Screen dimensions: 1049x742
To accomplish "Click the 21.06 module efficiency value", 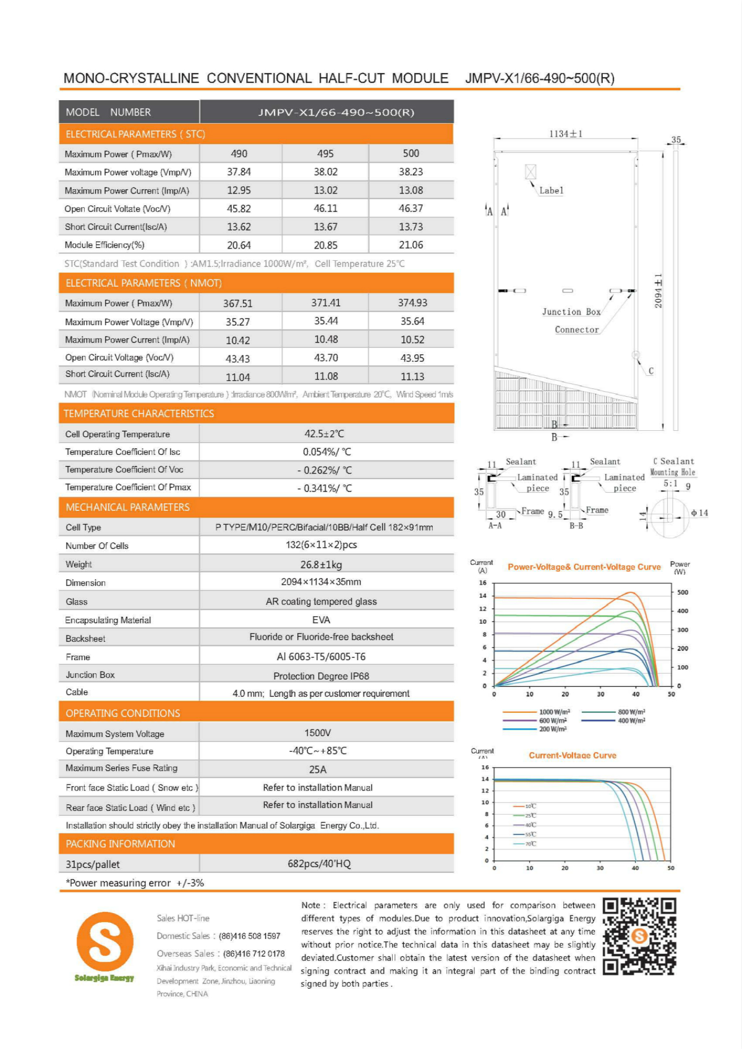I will (411, 245).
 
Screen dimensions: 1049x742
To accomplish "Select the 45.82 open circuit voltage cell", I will (239, 209).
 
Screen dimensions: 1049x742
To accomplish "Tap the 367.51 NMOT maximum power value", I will (238, 304).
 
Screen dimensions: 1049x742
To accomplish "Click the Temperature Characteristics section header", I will (139, 414).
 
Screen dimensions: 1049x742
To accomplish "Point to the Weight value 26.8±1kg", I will (321, 564).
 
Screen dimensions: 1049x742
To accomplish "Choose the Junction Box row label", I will (90, 675).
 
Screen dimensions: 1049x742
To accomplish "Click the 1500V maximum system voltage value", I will (317, 733).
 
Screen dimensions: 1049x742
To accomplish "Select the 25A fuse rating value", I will (317, 770).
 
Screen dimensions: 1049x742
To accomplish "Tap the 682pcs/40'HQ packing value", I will (319, 864).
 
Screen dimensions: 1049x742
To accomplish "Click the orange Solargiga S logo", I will (104, 942).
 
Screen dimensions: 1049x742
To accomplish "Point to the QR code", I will (639, 936).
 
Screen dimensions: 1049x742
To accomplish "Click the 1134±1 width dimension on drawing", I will (566, 134).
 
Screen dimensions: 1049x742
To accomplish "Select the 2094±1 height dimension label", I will (659, 291).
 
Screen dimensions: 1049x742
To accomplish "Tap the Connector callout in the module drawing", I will (576, 330).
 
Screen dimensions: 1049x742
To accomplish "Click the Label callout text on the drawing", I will (551, 191).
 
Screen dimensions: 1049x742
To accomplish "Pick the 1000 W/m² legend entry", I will (554, 712).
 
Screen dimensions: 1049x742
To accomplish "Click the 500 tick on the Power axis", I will (683, 592).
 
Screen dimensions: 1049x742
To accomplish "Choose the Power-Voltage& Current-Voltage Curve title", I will (584, 567).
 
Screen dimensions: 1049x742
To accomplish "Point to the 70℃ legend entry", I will (531, 844).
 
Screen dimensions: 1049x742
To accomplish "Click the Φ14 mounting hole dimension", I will (699, 513).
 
